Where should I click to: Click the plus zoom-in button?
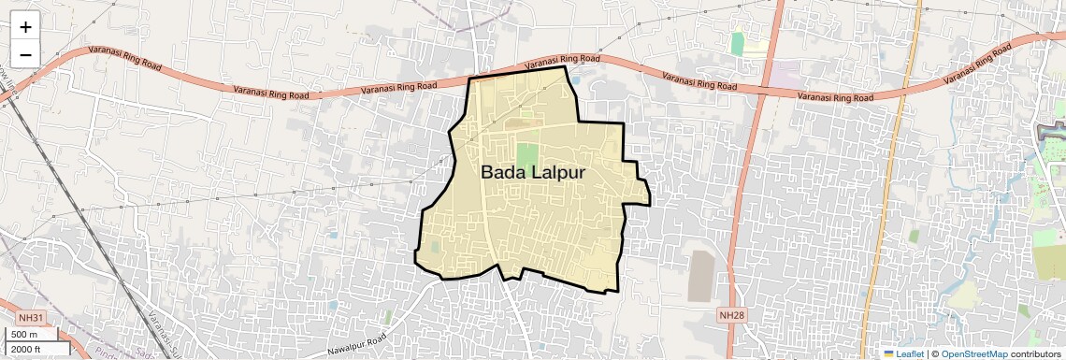coord(25,27)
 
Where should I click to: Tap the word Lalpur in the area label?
coord(560,173)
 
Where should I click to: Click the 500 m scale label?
coord(24,335)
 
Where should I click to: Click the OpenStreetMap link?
coord(973,354)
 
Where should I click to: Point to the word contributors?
coord(1036,354)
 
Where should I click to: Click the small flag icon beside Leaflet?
coord(888,354)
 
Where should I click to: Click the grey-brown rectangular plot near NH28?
coord(699,276)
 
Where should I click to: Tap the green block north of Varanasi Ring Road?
coord(738,43)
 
